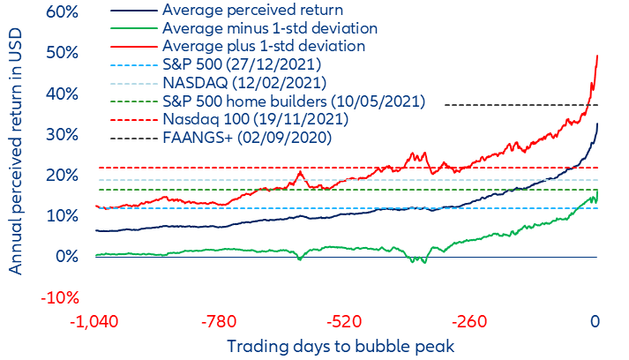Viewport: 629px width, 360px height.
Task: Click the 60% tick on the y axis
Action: click(x=64, y=13)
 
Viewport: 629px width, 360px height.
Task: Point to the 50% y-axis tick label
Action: click(x=64, y=54)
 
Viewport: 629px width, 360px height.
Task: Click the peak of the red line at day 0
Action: click(x=598, y=56)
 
